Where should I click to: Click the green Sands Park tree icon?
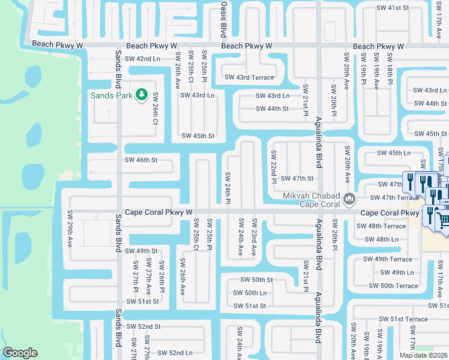[142, 95]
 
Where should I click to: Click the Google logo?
[20, 353]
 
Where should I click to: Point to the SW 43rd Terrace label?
[249, 77]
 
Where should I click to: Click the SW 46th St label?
[141, 160]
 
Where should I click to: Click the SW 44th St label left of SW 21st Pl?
[272, 109]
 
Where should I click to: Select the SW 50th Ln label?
[250, 293]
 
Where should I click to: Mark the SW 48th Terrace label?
[381, 226]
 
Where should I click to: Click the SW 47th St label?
[297, 178]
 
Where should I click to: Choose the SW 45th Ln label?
[393, 153]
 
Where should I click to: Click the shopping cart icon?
[443, 220]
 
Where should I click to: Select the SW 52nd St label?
[143, 326]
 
